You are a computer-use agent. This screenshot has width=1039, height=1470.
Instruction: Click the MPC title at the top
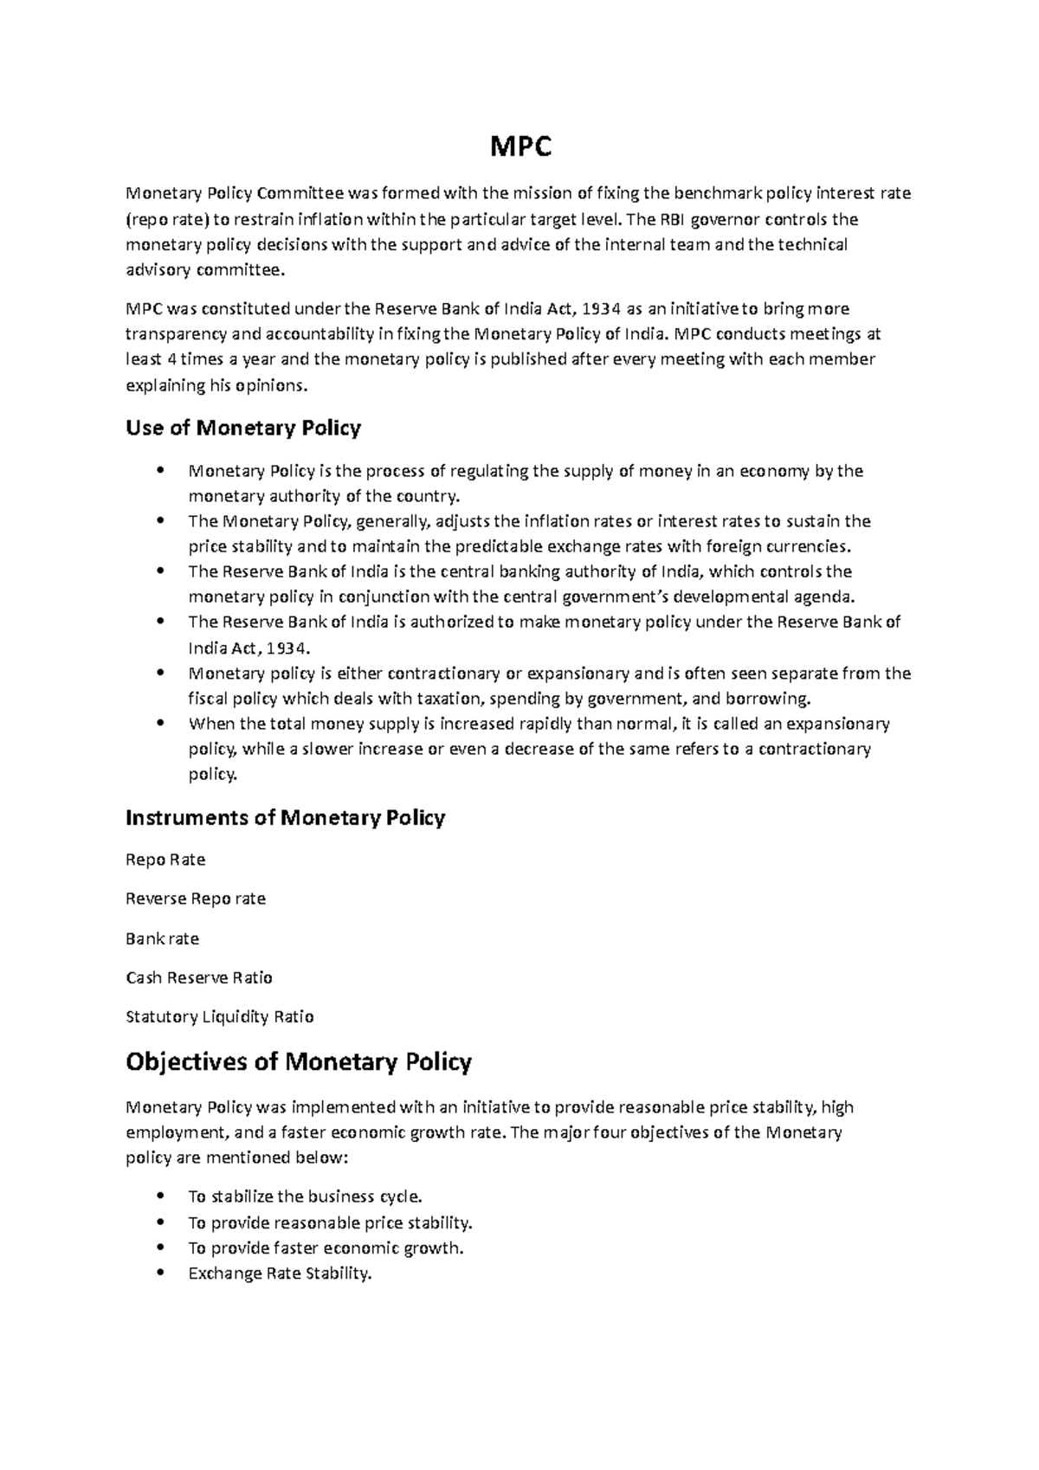pos(520,149)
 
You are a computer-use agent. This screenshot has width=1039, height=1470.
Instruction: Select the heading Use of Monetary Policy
pos(242,428)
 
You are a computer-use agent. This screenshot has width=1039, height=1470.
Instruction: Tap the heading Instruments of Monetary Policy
pos(285,817)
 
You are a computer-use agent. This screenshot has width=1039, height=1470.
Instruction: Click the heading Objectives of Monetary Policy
pos(298,1061)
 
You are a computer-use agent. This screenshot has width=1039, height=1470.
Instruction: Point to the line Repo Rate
pos(165,860)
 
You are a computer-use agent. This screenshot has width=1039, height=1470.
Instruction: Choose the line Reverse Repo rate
pos(196,899)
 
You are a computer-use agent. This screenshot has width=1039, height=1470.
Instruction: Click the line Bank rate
pos(162,938)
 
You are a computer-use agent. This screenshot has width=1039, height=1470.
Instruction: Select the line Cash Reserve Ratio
pos(199,977)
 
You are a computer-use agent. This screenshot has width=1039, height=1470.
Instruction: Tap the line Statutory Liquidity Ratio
pos(220,1016)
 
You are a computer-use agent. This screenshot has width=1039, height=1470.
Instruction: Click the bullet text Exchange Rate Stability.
pos(279,1273)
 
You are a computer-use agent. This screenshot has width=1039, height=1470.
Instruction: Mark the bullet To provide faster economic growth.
pos(326,1248)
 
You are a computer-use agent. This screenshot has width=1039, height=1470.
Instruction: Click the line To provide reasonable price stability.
pos(330,1223)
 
